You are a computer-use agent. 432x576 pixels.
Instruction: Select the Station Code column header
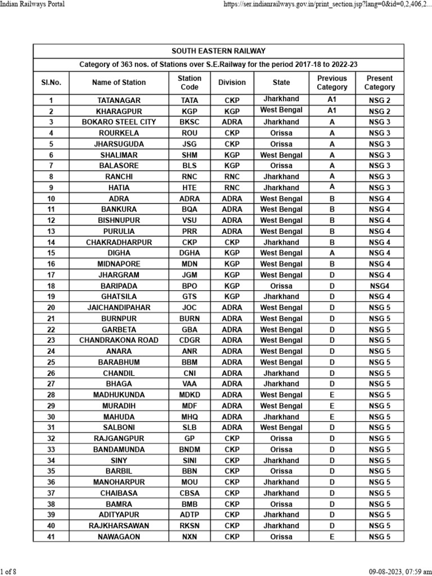click(190, 83)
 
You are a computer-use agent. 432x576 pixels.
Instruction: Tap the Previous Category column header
click(332, 83)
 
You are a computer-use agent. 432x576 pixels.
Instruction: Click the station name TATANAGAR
click(119, 100)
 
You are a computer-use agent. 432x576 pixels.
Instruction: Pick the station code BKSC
click(190, 122)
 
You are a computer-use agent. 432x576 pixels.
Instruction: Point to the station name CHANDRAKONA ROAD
click(119, 340)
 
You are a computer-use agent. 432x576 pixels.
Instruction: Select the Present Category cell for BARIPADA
click(380, 286)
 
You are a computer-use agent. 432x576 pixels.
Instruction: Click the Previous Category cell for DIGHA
click(332, 253)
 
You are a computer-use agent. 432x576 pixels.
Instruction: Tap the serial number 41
click(51, 537)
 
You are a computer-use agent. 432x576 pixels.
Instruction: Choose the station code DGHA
click(190, 253)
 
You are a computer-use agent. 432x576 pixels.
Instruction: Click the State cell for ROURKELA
click(281, 133)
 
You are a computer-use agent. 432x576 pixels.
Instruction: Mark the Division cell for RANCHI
click(232, 177)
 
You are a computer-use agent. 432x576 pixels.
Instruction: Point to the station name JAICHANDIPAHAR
click(119, 308)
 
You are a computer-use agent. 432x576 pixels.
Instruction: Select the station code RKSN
click(190, 526)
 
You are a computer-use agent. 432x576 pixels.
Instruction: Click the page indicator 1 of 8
click(8, 572)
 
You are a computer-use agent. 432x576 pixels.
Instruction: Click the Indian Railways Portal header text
click(33, 4)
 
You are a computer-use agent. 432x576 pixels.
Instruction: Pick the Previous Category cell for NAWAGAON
click(332, 537)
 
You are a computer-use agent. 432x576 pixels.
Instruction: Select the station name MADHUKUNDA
click(119, 395)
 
